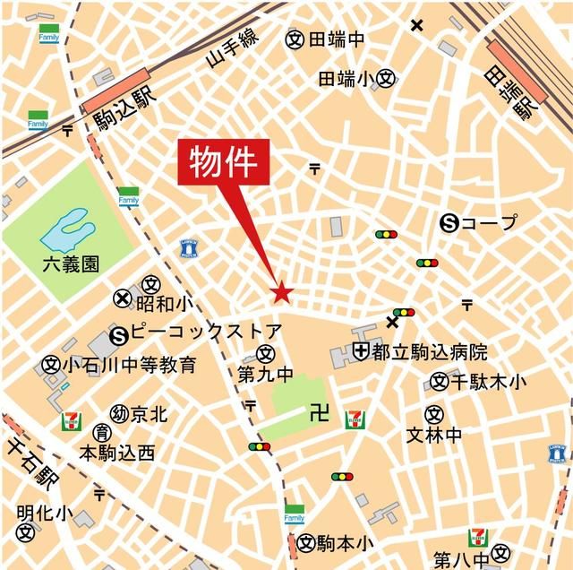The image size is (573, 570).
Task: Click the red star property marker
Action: pyautogui.click(x=282, y=292)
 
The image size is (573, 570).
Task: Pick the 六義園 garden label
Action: pyautogui.click(x=71, y=264)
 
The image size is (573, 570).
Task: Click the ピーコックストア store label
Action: pyautogui.click(x=206, y=332)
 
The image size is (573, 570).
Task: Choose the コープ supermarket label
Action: pyautogui.click(x=489, y=223)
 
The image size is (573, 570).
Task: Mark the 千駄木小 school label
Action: pyautogui.click(x=489, y=383)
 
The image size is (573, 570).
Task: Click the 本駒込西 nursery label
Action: pyautogui.click(x=117, y=453)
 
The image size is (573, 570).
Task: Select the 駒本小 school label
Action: pyautogui.click(x=346, y=542)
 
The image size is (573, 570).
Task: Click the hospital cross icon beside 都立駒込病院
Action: pyautogui.click(x=361, y=350)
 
